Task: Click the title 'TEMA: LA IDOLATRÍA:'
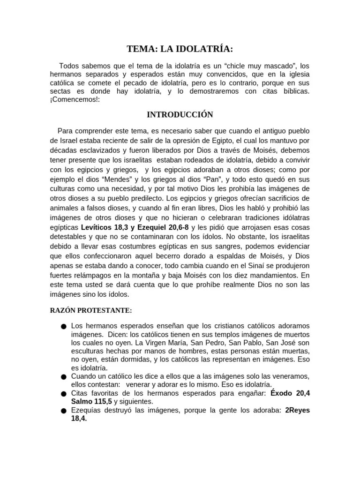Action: tap(180, 49)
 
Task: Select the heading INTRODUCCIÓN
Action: tap(180, 114)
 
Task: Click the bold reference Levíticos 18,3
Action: tap(104, 226)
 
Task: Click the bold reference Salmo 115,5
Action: tap(91, 402)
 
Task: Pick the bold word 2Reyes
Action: tap(298, 410)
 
